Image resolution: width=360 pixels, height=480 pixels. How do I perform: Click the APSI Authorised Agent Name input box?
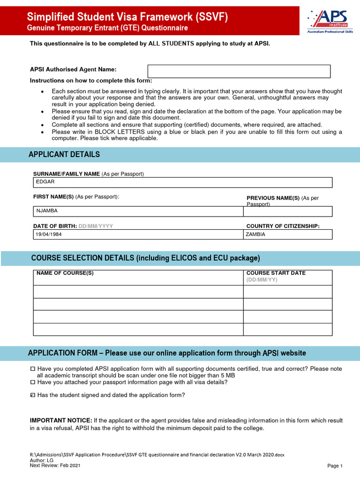tap(239, 71)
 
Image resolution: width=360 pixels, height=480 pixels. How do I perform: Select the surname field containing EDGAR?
tap(182, 182)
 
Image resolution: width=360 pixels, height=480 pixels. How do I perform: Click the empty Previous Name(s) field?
tap(287, 211)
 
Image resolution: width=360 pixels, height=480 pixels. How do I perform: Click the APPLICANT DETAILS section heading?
tap(64, 155)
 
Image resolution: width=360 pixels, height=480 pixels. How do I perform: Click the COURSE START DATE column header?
tap(276, 273)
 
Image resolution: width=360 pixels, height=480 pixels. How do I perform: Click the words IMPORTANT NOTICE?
tap(61, 420)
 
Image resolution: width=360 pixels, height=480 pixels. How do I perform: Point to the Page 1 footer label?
tap(335, 466)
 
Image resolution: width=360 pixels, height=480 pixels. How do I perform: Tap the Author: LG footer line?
tap(42, 460)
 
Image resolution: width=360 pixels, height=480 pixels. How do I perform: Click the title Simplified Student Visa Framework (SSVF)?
tap(127, 17)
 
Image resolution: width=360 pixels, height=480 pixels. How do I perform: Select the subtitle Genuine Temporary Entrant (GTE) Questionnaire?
tap(107, 28)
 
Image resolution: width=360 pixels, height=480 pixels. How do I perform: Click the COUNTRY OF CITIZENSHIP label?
tap(283, 226)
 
